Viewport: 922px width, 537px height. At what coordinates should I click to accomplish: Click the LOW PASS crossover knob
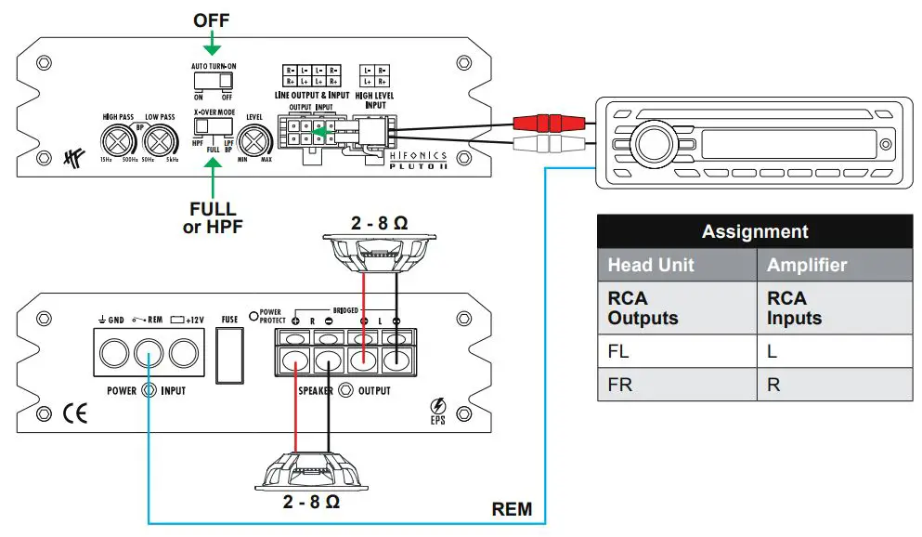(161, 142)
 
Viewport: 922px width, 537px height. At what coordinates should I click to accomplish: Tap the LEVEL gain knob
(253, 142)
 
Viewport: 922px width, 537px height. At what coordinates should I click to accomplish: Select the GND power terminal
(116, 354)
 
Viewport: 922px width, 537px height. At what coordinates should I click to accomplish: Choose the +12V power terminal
(183, 354)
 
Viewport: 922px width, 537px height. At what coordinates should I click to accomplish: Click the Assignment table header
(754, 231)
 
